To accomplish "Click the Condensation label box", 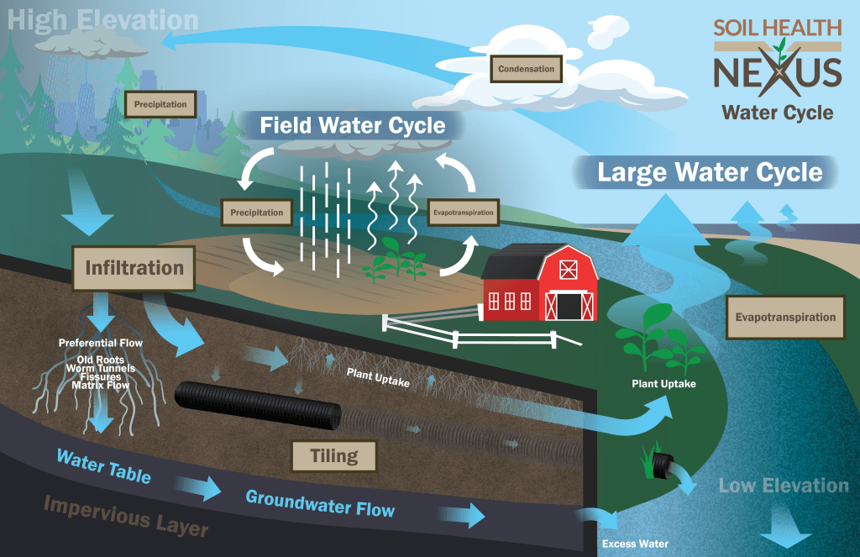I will point(527,69).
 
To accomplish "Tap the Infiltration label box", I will point(134,268).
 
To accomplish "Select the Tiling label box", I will point(333,456).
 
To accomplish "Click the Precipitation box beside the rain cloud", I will point(166,105).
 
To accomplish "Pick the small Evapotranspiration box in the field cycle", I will point(463,213).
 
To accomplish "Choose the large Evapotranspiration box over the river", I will point(785,318).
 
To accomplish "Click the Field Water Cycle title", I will point(352,126).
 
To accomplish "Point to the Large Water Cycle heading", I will point(710,173).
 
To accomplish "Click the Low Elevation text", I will point(783,486).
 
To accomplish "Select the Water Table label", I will point(104,466).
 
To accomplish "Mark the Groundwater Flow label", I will point(319,503).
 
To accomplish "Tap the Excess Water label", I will point(635,544).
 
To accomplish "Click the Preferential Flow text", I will point(101,343).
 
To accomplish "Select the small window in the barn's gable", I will point(569,270).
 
